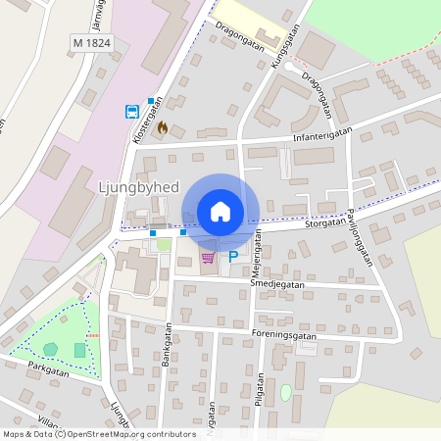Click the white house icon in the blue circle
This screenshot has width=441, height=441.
tap(220, 211)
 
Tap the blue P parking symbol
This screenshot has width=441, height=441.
tap(233, 257)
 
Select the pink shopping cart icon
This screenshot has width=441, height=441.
tap(207, 257)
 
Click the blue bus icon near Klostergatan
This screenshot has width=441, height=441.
tap(130, 112)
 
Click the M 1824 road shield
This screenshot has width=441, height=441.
tap(92, 43)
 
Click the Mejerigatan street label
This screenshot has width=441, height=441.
tap(258, 252)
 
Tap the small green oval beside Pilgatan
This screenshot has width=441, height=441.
tap(285, 392)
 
